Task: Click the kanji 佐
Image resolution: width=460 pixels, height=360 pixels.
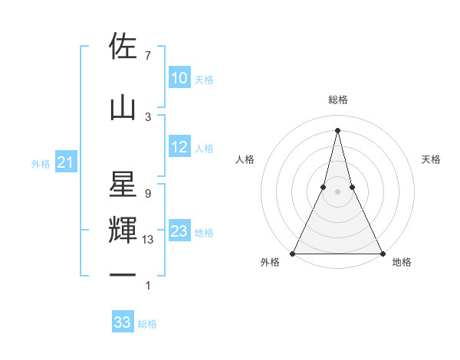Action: [x=123, y=47]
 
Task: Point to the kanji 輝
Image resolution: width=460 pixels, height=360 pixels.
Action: [x=123, y=231]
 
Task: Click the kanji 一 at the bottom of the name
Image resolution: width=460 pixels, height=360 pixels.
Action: [x=123, y=274]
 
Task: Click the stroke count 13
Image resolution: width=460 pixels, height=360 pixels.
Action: [x=148, y=240]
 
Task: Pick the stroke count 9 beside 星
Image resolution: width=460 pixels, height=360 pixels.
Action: [x=147, y=193]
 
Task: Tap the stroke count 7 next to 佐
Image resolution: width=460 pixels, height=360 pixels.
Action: [x=147, y=56]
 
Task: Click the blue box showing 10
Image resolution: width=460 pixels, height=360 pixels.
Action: [x=179, y=78]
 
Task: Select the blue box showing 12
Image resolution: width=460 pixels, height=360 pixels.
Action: [x=179, y=147]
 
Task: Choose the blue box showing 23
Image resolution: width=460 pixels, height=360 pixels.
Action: [x=179, y=231]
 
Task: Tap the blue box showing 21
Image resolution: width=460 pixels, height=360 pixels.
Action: [x=65, y=162]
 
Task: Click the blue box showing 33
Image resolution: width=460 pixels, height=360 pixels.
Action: [x=122, y=322]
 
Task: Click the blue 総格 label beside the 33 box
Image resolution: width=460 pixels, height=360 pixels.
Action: [x=147, y=324]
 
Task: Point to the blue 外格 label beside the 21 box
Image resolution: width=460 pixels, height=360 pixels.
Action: [x=41, y=163]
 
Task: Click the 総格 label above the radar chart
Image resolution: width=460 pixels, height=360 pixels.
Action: [x=337, y=100]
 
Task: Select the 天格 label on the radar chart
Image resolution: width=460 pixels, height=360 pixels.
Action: [x=431, y=159]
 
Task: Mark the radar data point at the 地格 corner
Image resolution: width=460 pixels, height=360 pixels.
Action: [x=382, y=253]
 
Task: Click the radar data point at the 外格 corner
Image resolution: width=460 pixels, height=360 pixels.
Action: [x=293, y=253]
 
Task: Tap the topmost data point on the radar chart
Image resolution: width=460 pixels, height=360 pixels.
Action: [x=337, y=129]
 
